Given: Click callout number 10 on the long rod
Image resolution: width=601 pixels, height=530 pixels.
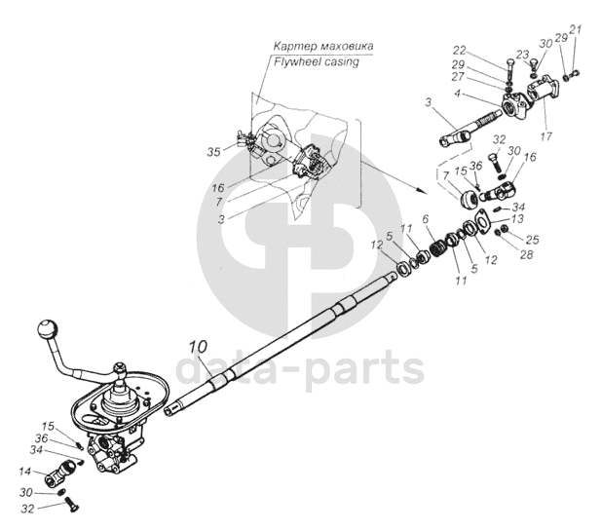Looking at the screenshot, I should [198, 346].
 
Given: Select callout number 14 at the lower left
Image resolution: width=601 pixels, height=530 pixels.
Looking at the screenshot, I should [25, 473].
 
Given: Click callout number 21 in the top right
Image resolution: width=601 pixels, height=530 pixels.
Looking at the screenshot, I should [576, 30].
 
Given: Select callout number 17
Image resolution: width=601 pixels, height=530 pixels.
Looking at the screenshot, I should [545, 135].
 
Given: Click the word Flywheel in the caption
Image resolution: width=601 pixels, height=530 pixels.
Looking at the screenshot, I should [294, 61].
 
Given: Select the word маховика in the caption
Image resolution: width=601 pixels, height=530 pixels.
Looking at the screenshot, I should [347, 47].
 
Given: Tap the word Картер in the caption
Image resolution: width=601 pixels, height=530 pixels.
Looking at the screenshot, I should [295, 47].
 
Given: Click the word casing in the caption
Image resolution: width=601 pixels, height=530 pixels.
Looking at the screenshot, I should [340, 61].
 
